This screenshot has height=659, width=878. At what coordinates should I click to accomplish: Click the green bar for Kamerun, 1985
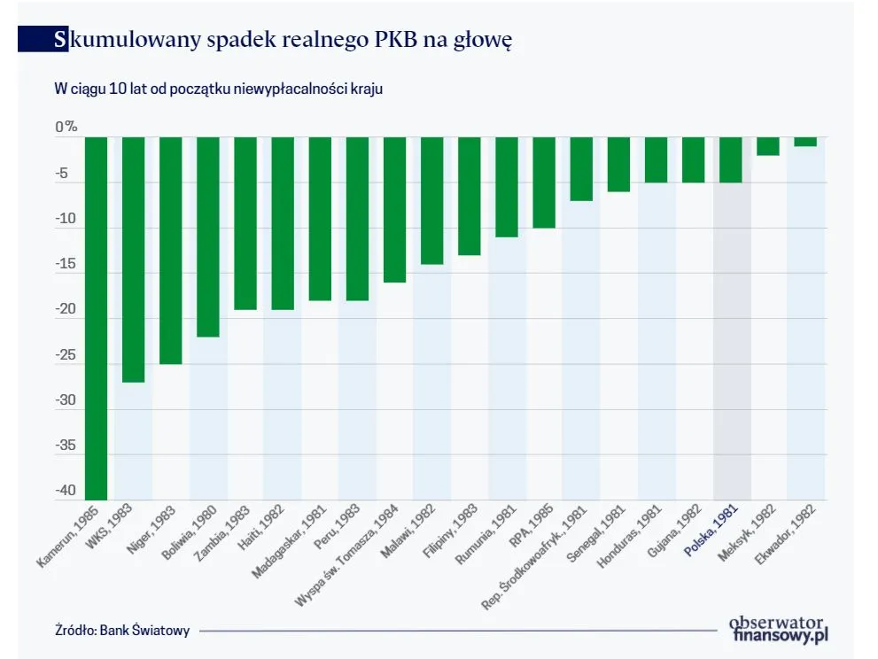click(96, 319)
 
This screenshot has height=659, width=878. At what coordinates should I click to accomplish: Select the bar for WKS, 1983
click(133, 260)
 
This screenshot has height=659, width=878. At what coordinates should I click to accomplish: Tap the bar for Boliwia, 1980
click(208, 236)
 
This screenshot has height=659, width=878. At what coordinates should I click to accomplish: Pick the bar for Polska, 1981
click(731, 159)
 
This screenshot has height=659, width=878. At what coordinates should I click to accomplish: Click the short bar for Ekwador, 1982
click(805, 142)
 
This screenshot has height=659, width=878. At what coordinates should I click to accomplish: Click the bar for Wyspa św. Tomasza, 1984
click(394, 210)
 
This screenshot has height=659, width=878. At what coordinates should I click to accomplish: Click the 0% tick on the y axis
click(66, 128)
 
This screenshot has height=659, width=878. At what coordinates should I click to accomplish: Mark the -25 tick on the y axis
click(67, 355)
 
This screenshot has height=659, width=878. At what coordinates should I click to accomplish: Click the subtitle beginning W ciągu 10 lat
click(218, 89)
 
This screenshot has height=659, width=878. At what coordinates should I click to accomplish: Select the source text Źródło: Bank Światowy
click(121, 631)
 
